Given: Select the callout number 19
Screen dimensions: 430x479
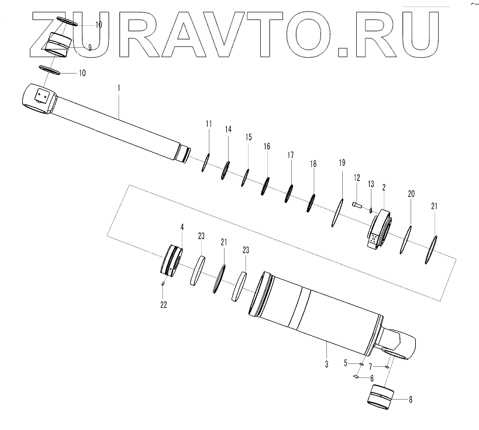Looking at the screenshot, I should (343, 162).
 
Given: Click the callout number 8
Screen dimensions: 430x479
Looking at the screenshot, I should (410, 400).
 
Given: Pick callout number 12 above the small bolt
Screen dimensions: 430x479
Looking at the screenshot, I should (356, 178).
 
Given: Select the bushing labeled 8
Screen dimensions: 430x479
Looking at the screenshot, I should (381, 398).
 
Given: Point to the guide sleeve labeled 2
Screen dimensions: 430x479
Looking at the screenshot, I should (379, 231).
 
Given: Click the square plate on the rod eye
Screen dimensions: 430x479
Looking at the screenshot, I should (41, 96).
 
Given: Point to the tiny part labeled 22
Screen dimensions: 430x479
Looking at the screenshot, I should (163, 285).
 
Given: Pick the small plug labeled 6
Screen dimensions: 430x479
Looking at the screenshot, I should (356, 377).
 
